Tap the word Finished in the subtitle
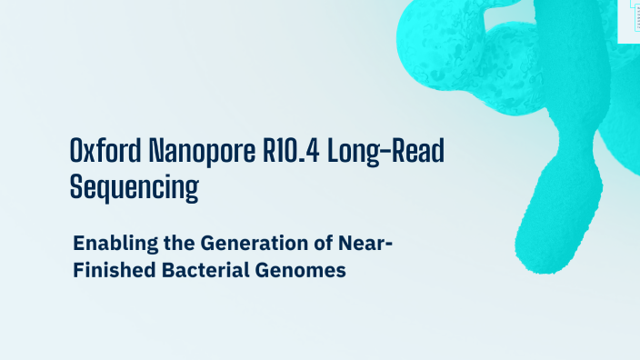click(108, 270)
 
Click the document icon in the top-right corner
click(629, 18)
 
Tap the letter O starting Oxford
click(77, 151)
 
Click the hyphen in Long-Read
click(383, 153)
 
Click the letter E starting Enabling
click(79, 244)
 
